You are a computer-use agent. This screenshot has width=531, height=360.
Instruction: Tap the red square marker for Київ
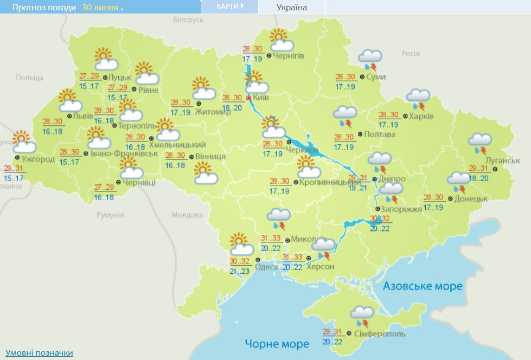(x=249, y=98)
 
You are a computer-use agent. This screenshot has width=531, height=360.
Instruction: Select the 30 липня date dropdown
(x=103, y=8)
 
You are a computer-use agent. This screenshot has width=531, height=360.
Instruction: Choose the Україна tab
(x=292, y=8)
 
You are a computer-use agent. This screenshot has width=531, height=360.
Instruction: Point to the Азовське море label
(x=423, y=286)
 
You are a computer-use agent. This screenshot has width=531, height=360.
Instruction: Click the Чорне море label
(x=277, y=344)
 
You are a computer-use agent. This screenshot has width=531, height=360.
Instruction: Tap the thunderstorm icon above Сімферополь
(x=361, y=316)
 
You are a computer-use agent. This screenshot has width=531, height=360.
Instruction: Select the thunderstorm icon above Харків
(x=418, y=99)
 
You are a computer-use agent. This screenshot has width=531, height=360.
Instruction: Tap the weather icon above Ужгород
(x=23, y=142)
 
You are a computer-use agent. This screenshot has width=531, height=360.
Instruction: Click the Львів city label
(x=84, y=116)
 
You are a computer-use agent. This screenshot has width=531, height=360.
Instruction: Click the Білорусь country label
(x=188, y=20)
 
